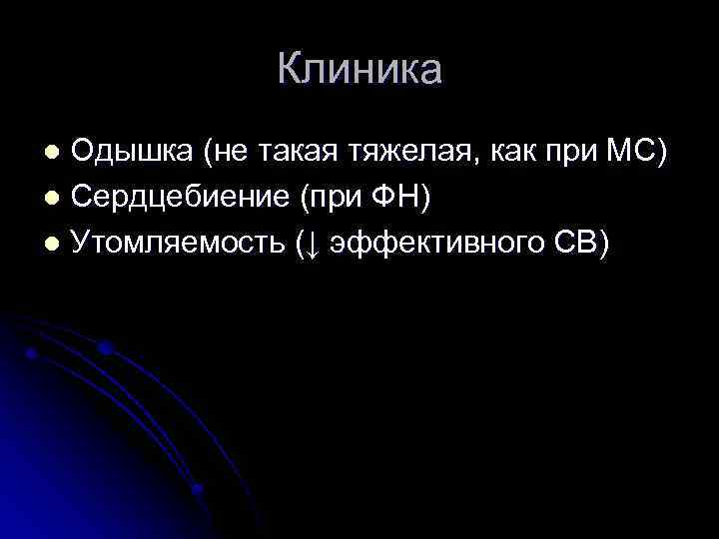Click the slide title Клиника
click(359, 70)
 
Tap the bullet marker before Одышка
click(56, 154)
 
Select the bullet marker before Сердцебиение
click(56, 200)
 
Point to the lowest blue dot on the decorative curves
click(197, 489)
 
